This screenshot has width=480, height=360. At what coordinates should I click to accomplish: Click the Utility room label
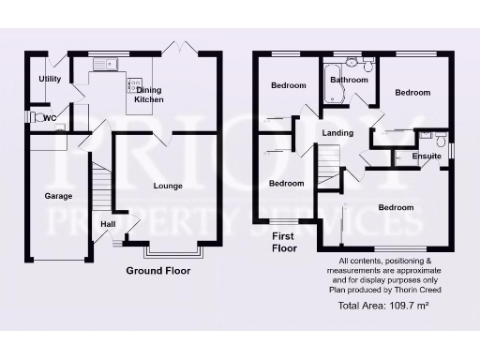point(50,79)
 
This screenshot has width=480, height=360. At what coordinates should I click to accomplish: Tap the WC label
point(50,117)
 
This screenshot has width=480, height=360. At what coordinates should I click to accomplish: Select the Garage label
point(58,196)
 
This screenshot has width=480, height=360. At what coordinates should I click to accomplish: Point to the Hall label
point(108,224)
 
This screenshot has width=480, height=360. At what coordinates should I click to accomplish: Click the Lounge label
point(169,186)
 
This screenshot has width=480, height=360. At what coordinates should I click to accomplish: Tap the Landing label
point(337,133)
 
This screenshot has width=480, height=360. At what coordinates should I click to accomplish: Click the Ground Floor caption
point(158,271)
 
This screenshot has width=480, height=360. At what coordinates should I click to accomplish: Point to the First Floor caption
point(284,242)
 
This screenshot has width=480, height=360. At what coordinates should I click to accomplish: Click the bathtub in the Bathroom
point(332,85)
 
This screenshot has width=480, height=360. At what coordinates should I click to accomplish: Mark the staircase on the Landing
point(328,170)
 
